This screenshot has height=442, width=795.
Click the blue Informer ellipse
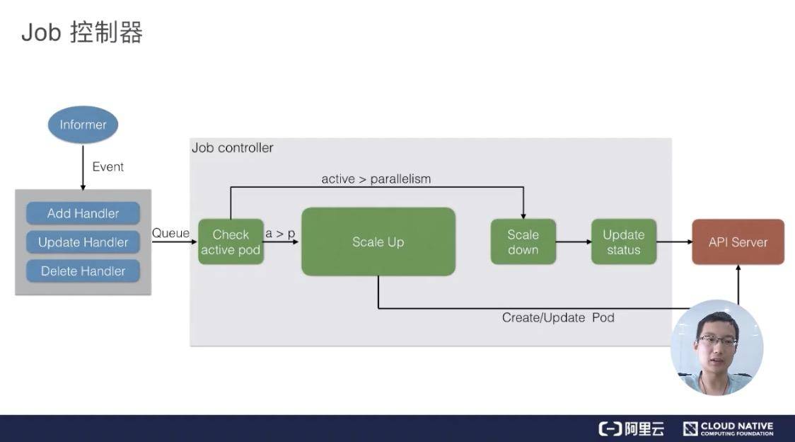click(83, 125)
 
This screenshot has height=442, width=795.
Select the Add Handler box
click(83, 213)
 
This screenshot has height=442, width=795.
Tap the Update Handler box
click(83, 242)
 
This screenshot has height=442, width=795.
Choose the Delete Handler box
click(83, 271)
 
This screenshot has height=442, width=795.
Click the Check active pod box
click(231, 242)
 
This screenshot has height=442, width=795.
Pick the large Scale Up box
click(378, 242)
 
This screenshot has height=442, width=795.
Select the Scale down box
click(523, 242)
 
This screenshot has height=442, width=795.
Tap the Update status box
click(623, 242)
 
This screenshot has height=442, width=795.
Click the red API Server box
click(738, 242)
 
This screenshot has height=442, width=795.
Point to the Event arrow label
click(108, 167)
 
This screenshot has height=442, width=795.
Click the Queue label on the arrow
click(170, 233)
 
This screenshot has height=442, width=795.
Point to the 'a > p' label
click(280, 233)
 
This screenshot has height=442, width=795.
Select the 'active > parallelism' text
click(376, 179)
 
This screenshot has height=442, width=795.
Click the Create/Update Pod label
click(558, 318)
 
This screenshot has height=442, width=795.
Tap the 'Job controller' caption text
click(232, 148)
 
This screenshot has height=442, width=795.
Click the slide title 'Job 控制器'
click(82, 33)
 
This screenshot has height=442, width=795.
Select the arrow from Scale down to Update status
click(574, 242)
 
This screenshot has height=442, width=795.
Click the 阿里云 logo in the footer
click(632, 429)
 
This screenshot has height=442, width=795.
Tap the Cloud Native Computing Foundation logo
click(729, 429)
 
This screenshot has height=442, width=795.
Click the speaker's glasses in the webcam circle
click(716, 341)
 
